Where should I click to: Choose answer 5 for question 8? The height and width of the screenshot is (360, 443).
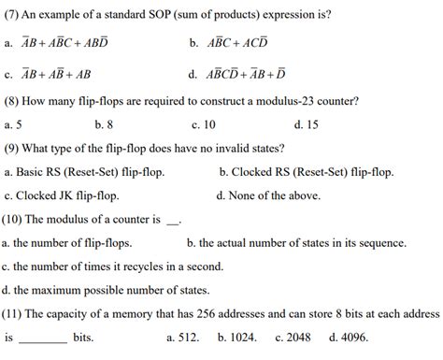click(x=19, y=124)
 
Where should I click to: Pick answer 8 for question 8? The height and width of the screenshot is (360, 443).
click(x=111, y=124)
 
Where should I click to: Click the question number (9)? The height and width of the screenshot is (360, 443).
click(x=15, y=148)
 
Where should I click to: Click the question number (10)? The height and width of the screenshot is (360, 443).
click(x=18, y=220)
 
